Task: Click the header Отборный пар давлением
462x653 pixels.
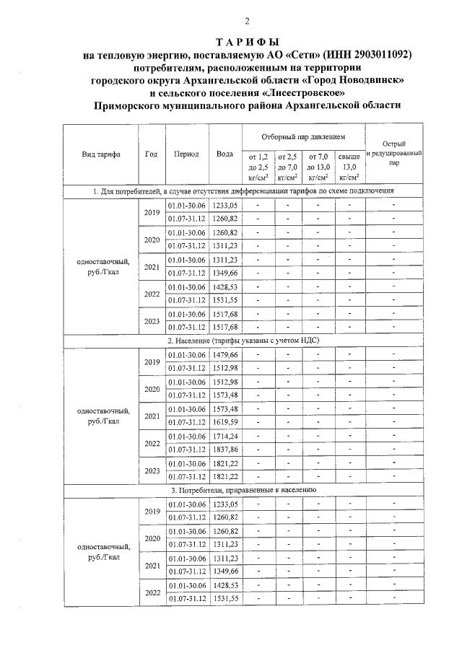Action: point(303,136)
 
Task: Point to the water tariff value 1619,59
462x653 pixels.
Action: point(225,421)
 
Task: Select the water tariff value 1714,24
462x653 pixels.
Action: point(225,436)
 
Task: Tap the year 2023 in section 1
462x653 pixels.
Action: point(151,321)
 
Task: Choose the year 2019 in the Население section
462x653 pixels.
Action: point(151,361)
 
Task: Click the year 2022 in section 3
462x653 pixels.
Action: point(151,592)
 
